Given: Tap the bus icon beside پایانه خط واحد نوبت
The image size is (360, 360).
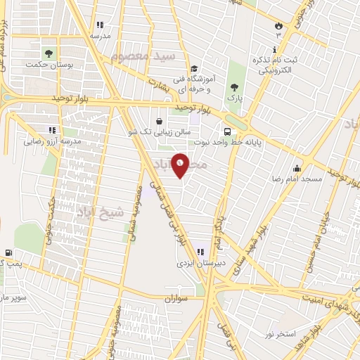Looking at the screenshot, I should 227,131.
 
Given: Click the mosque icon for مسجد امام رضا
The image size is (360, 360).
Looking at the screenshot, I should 297,168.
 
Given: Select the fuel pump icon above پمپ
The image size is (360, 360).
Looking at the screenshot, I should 8,252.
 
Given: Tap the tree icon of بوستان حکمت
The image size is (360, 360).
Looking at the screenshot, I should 49,53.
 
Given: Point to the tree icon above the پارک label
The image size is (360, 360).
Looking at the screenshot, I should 234,87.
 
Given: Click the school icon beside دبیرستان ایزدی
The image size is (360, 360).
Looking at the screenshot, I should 200,251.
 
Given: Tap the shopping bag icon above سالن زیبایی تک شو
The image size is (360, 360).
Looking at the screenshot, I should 160,122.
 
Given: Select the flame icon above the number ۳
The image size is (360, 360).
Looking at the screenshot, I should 278,25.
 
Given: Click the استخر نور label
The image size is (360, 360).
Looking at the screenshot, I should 280,331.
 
